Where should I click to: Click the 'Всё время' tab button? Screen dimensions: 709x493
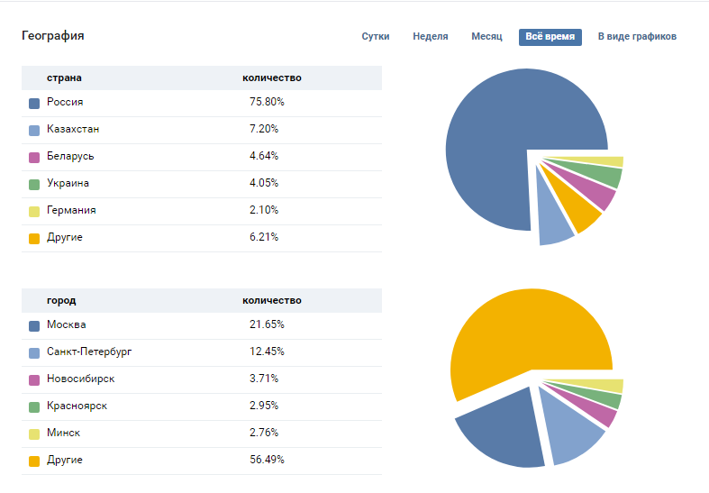point(550,37)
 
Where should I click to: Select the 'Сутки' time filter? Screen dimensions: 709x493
point(376,37)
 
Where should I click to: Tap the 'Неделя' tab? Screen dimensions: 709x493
point(430,37)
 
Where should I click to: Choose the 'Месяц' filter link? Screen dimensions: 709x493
point(486,37)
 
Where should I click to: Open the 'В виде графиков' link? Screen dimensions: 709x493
point(637,37)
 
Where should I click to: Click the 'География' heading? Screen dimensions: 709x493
point(53,36)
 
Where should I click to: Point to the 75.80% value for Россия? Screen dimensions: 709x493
point(267,102)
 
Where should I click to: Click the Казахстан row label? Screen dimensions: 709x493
point(73,129)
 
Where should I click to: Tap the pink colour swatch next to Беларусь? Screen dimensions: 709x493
point(34,158)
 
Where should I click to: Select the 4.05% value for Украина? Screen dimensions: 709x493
point(264,183)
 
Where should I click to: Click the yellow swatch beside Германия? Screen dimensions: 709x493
point(34,212)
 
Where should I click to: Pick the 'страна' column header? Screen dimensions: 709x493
point(64,78)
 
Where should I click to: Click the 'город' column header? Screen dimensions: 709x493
point(61,301)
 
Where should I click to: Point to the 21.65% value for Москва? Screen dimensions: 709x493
point(267,324)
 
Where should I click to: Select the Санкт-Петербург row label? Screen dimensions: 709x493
point(89,351)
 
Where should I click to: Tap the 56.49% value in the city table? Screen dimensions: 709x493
point(267,460)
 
